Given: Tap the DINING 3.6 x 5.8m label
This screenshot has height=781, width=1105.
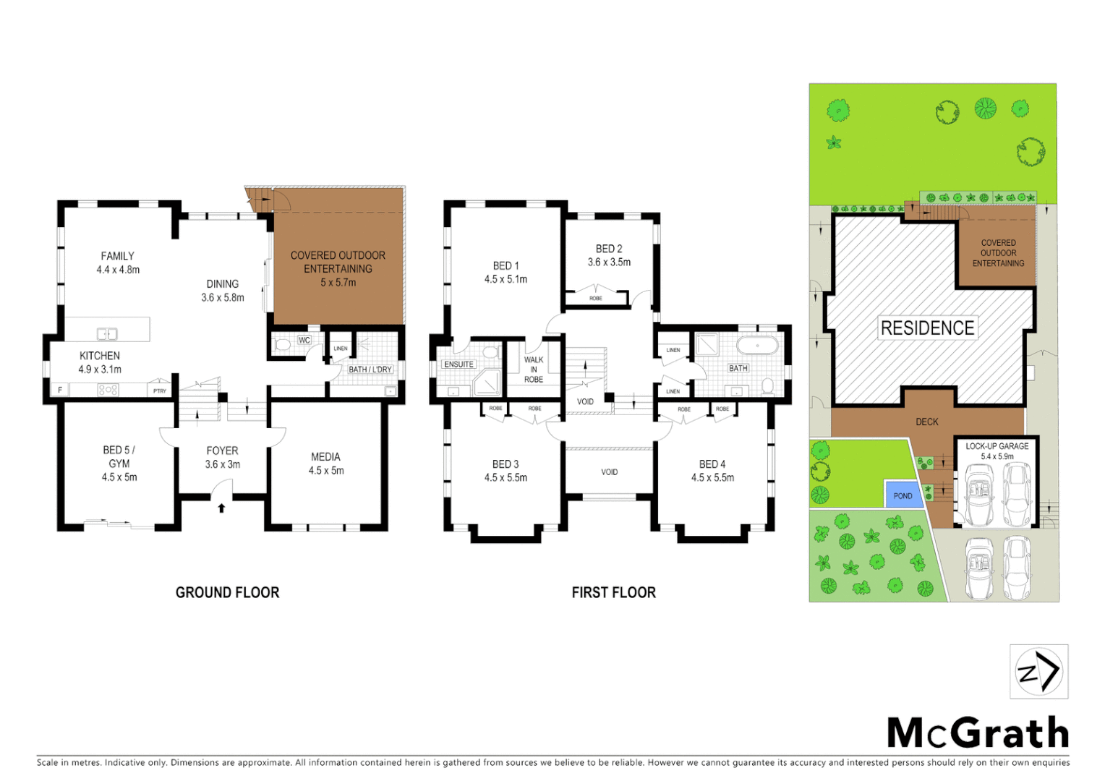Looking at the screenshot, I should tap(223, 291).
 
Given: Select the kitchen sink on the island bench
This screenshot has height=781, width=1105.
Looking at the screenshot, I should tap(107, 333).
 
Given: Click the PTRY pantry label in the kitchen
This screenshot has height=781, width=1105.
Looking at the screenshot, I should tap(160, 390).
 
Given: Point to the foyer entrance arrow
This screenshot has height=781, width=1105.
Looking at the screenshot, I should tap(221, 508).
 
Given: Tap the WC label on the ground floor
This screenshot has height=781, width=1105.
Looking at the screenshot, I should tap(304, 340).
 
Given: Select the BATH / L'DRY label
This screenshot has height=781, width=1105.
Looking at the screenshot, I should tap(370, 370).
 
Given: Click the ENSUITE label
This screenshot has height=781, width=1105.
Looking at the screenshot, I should tap(459, 364).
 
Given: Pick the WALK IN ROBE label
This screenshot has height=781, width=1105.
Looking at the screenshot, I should tap(534, 370).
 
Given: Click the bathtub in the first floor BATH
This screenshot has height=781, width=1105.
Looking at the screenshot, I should tap(757, 345).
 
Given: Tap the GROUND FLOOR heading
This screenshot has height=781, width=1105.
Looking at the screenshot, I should tap(227, 592).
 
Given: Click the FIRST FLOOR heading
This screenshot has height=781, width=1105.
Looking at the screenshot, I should tap(613, 592).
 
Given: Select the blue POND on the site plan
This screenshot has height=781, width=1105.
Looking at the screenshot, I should tap(903, 495).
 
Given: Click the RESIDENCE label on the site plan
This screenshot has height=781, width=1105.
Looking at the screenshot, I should tap(927, 328).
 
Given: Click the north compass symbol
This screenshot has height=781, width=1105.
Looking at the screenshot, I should tap(1038, 672).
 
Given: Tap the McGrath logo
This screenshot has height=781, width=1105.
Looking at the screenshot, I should tap(978, 733).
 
